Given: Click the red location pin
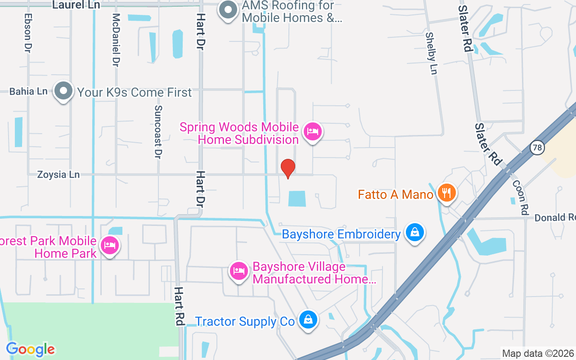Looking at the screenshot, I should coord(288,169).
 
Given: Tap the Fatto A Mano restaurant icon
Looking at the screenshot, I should coord(446,193).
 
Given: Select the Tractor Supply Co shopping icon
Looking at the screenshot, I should coord(308,320).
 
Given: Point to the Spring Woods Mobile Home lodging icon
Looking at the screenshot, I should coord(313,132).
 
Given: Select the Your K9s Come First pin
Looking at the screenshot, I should coord(63,91).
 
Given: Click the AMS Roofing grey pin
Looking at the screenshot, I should coord(228,10).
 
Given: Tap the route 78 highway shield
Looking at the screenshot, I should coord(537,148).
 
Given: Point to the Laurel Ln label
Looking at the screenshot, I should coord(76,5).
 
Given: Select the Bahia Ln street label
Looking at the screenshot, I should coord(28,91).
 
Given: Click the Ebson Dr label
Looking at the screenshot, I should coord(28,32).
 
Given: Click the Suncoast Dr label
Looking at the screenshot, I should coord(157,132).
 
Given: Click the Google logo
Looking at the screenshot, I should coord(31,349).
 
